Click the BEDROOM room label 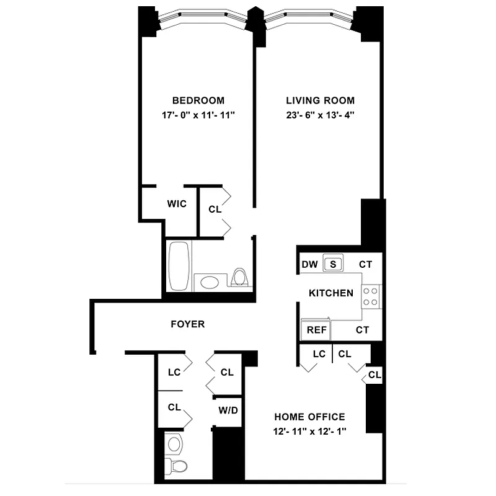click(198, 100)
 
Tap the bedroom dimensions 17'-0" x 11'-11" click(198, 115)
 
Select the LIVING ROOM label click(320, 100)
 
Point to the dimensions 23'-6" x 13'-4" click(320, 115)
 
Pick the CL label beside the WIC click(215, 210)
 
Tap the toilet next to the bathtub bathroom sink click(239, 277)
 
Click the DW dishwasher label click(309, 265)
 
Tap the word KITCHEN click(331, 293)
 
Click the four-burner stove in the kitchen click(371, 296)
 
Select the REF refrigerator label click(316, 330)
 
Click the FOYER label click(187, 324)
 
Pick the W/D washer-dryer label click(227, 410)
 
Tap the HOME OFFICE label click(309, 417)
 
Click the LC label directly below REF click(319, 354)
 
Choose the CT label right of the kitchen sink click(366, 265)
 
